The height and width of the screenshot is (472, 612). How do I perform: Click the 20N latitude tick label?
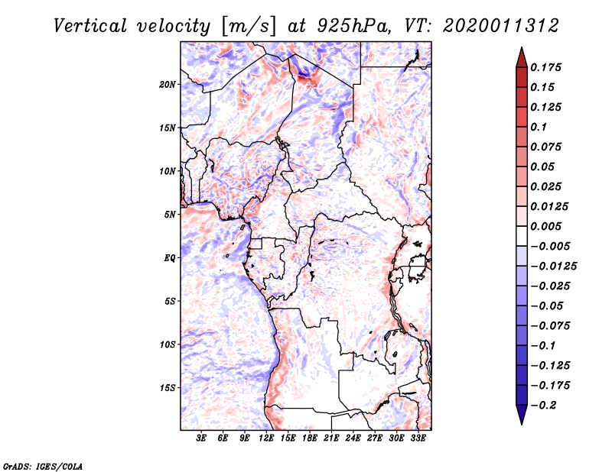click(168, 84)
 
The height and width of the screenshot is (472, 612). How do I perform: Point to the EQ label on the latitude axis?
click(169, 258)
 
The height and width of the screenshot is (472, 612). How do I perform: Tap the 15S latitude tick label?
click(168, 388)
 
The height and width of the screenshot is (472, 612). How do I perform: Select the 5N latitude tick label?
click(170, 215)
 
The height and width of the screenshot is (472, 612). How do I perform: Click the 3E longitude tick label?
click(201, 439)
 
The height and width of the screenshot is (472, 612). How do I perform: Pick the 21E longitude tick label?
click(332, 439)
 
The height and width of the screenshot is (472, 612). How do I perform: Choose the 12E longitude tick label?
click(266, 439)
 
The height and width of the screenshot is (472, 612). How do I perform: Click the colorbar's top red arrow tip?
click(520, 50)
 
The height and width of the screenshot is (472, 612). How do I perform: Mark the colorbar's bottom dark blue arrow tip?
click(520, 422)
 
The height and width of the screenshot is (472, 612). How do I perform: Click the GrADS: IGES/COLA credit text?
click(32, 465)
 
